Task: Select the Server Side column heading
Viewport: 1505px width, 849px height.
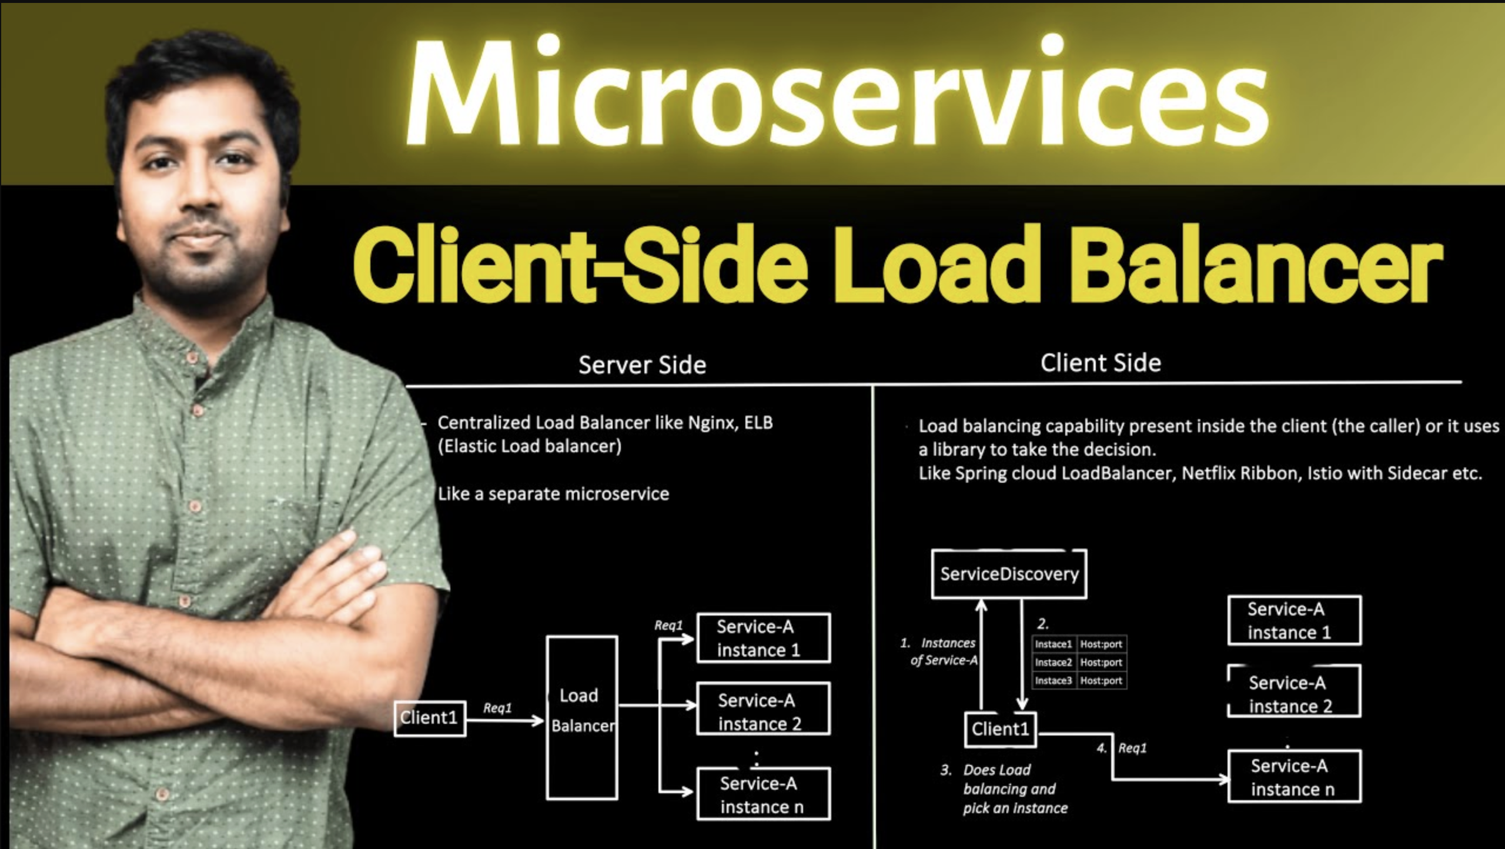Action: (x=642, y=365)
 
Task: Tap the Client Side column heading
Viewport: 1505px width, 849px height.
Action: (x=1101, y=363)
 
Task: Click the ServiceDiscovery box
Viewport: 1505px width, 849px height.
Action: (x=1009, y=574)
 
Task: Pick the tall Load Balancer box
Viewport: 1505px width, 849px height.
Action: (x=582, y=717)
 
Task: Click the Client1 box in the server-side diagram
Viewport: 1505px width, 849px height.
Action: (x=430, y=718)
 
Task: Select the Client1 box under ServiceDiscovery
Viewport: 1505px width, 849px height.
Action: (x=1000, y=729)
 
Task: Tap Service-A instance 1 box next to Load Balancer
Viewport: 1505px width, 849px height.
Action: (x=763, y=638)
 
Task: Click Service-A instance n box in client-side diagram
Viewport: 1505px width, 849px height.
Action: (x=1294, y=776)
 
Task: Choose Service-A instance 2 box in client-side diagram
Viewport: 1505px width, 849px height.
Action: (x=1294, y=691)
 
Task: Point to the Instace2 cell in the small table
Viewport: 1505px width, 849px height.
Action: (x=1053, y=662)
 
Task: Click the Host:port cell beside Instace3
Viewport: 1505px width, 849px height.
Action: (x=1101, y=680)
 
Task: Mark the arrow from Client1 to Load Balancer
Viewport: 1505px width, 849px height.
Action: (x=505, y=720)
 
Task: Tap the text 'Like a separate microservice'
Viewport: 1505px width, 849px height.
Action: (x=553, y=494)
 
